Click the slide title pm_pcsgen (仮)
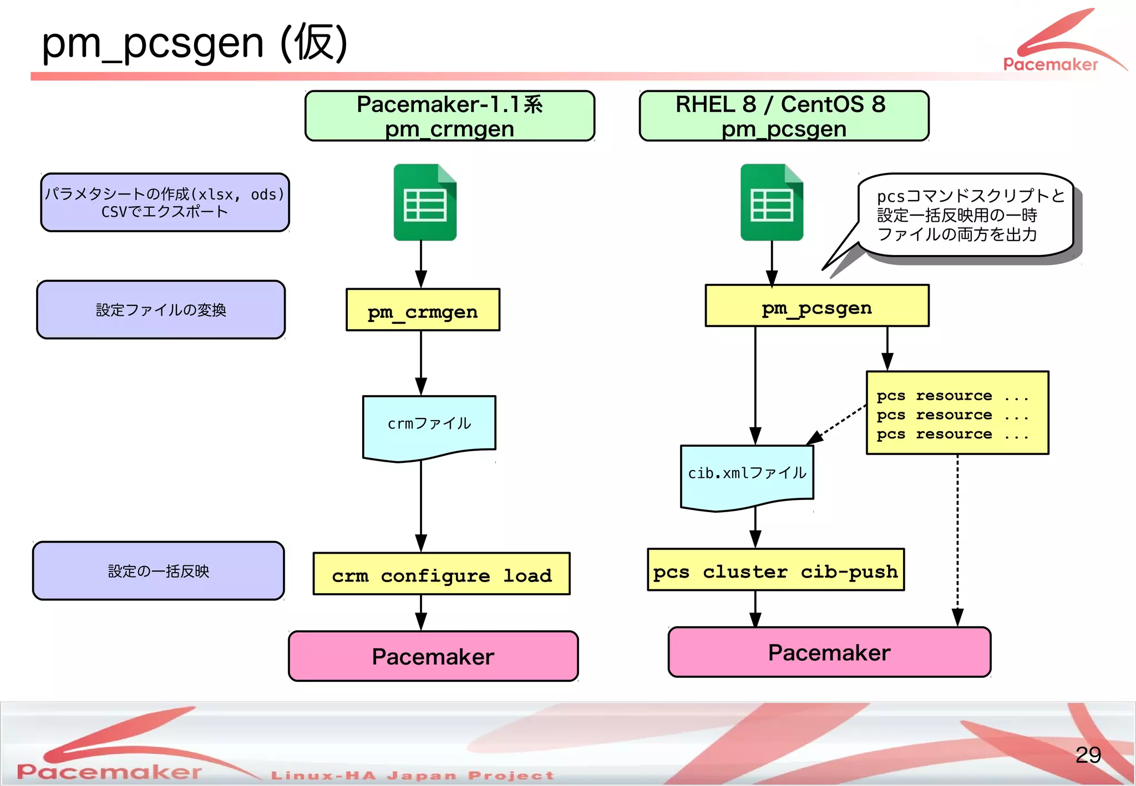click(x=194, y=43)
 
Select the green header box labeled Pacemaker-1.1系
click(x=450, y=116)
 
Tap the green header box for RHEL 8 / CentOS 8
click(x=784, y=116)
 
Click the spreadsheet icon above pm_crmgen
click(x=425, y=202)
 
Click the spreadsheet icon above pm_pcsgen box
click(x=772, y=202)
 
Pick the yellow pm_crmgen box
click(x=423, y=310)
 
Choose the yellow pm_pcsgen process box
click(x=816, y=306)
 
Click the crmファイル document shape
click(x=429, y=425)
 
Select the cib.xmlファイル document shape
click(x=747, y=474)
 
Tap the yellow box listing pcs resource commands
click(x=957, y=414)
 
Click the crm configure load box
click(x=442, y=574)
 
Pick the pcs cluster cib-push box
click(x=775, y=570)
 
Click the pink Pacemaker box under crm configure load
click(x=433, y=656)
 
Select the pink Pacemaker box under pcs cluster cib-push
click(x=829, y=652)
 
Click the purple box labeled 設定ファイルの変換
click(x=161, y=310)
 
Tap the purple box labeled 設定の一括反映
click(x=159, y=571)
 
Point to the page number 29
click(x=1088, y=755)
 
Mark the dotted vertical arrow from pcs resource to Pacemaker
click(x=957, y=538)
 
